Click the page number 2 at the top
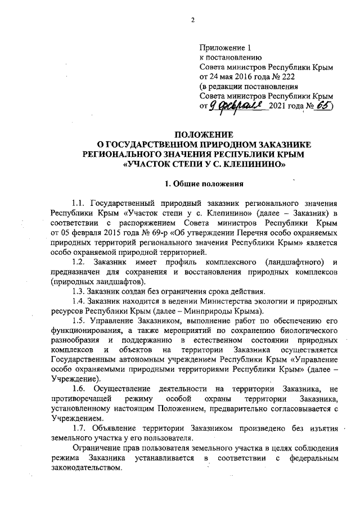[192, 21]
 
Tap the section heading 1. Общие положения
[202, 184]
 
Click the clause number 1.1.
[80, 203]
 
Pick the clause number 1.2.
[80, 261]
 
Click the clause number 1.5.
[79, 321]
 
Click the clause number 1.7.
[80, 427]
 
